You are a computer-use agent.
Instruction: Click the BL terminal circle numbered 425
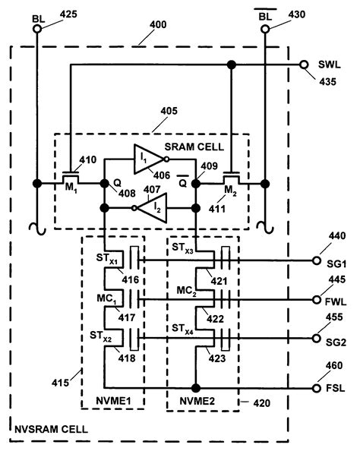pos(37,30)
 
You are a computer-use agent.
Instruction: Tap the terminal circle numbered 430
pos(265,30)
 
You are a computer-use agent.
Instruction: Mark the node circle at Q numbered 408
pos(103,183)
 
